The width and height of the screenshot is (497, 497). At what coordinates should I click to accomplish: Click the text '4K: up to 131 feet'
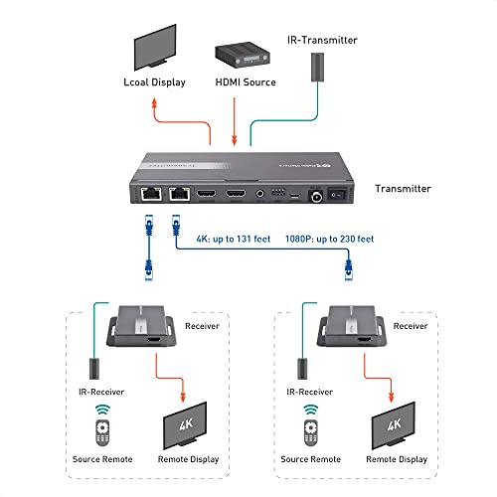(x=234, y=240)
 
